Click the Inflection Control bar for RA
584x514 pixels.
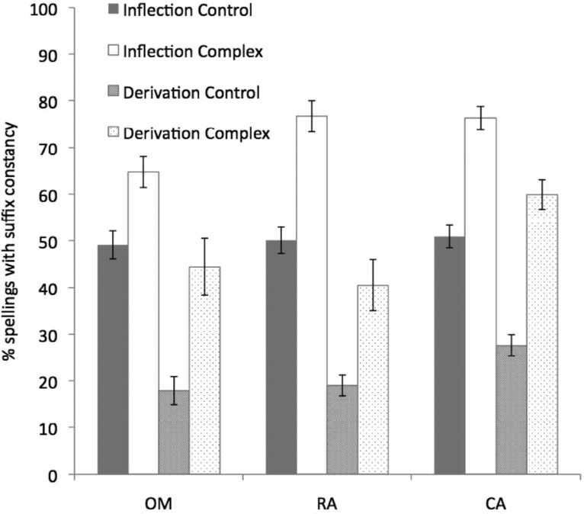281,358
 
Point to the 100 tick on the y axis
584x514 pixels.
62,8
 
